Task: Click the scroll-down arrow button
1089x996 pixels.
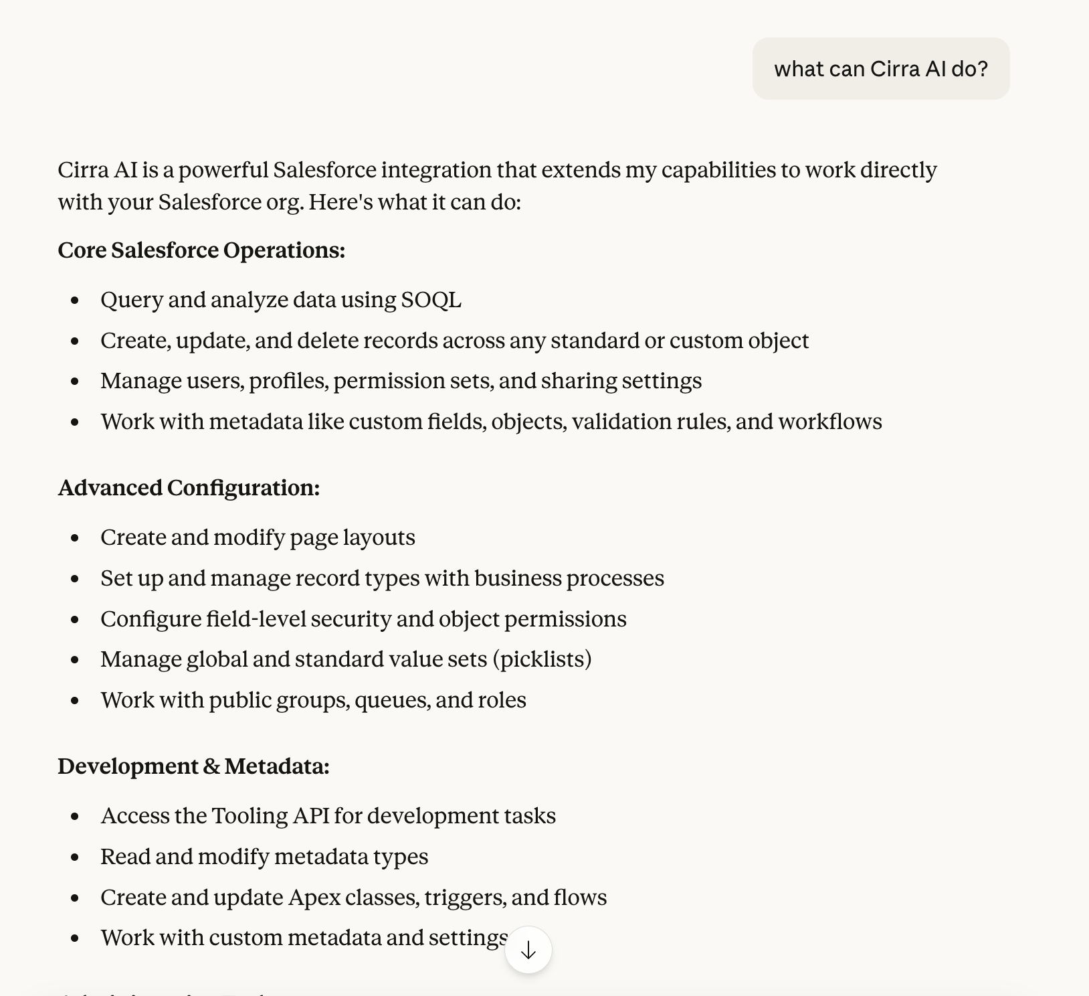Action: click(x=528, y=950)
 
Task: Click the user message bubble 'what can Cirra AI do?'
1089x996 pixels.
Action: click(x=880, y=69)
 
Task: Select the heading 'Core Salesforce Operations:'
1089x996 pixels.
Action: click(x=201, y=250)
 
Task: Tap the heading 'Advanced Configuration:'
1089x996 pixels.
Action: click(x=189, y=488)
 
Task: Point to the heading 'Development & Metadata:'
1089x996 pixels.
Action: click(x=193, y=766)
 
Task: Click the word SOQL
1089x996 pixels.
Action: click(x=431, y=300)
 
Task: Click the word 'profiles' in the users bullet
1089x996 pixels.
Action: click(x=288, y=381)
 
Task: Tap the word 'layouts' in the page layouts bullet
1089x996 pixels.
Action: click(x=379, y=537)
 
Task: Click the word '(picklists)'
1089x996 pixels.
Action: click(x=542, y=659)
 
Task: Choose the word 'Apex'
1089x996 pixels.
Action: click(x=314, y=898)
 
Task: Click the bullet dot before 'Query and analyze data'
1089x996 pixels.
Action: click(x=75, y=301)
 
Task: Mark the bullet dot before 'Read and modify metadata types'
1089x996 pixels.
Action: click(x=75, y=857)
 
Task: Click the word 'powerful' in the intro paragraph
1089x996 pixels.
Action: click(x=223, y=170)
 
